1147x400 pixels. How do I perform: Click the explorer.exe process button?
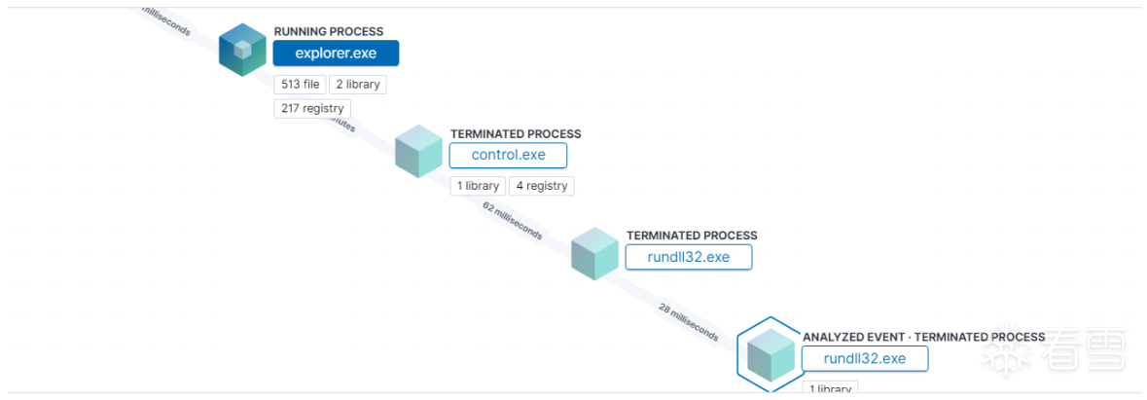[336, 54]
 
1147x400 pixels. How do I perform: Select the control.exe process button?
[508, 156]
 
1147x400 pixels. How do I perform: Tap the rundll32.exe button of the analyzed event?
[864, 358]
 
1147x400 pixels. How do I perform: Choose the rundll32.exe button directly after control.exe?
[689, 257]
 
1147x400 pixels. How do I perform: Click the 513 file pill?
[300, 85]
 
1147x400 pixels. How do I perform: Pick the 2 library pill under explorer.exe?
[357, 85]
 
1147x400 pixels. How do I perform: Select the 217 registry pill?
[312, 108]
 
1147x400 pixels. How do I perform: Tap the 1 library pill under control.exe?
[477, 186]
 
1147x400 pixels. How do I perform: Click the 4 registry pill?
[541, 186]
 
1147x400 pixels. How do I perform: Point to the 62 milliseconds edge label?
[513, 220]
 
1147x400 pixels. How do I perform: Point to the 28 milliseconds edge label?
[689, 322]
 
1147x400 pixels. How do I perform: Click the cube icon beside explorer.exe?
[242, 50]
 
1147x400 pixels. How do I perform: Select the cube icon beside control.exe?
[419, 151]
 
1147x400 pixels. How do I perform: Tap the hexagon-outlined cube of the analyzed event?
[770, 354]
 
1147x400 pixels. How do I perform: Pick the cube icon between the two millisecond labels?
[594, 253]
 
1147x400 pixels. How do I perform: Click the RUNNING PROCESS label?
[328, 32]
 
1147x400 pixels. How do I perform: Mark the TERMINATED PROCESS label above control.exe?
[516, 134]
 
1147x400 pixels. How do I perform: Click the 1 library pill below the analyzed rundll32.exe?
[829, 389]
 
